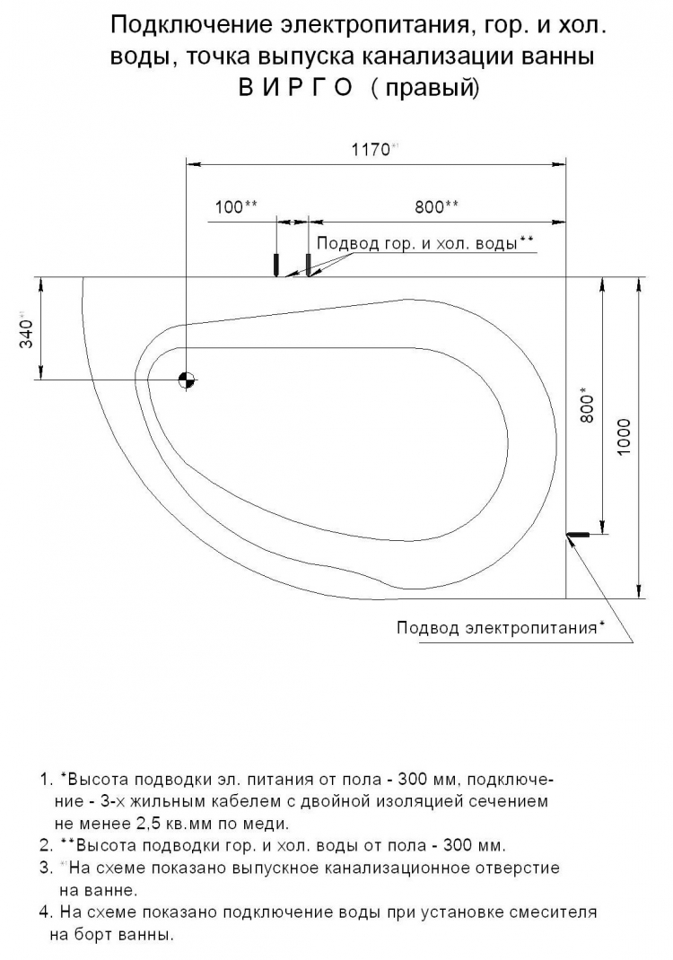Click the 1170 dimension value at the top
tap(371, 151)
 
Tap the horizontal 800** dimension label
tap(437, 206)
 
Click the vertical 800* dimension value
tap(587, 405)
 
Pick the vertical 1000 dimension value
tap(625, 436)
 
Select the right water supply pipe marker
tap(308, 264)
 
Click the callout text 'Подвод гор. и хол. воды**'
tap(425, 243)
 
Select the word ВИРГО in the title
tap(295, 90)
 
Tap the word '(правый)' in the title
tap(425, 90)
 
